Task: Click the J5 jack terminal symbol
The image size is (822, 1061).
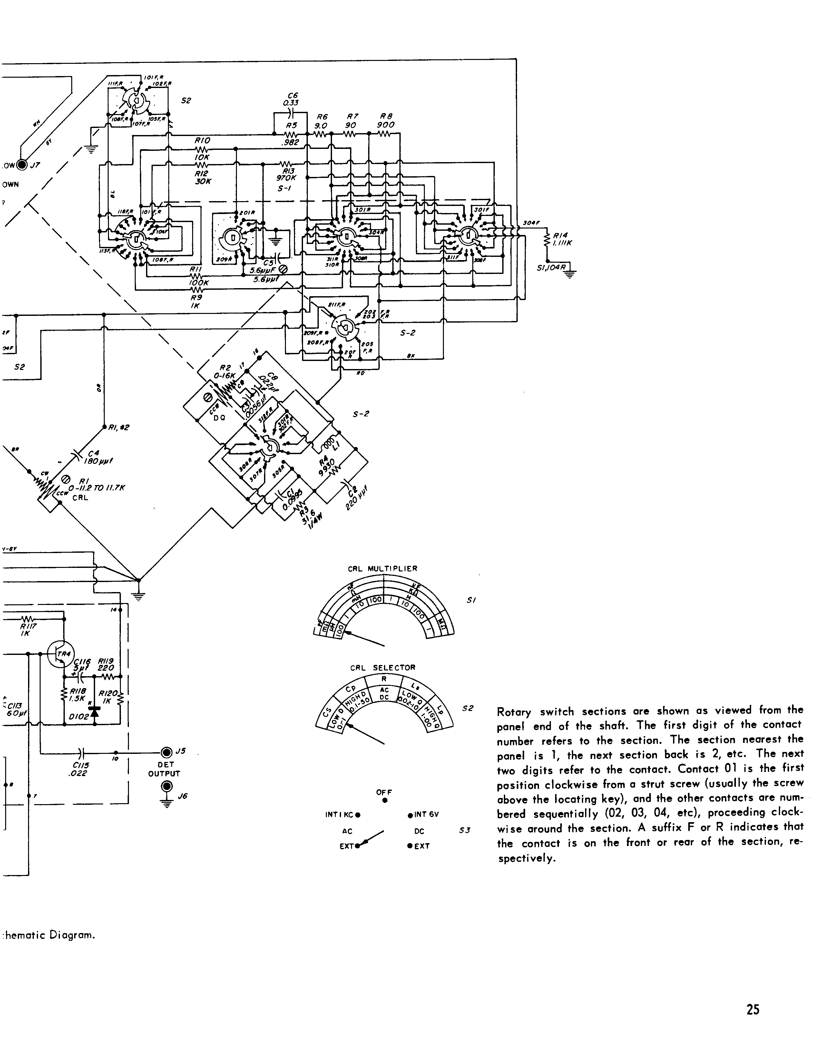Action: click(x=167, y=753)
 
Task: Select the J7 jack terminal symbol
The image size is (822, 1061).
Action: click(x=22, y=165)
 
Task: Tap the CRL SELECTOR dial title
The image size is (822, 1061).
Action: click(x=383, y=667)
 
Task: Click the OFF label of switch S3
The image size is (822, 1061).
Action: click(x=384, y=792)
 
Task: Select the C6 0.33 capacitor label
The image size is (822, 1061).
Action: click(x=292, y=99)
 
